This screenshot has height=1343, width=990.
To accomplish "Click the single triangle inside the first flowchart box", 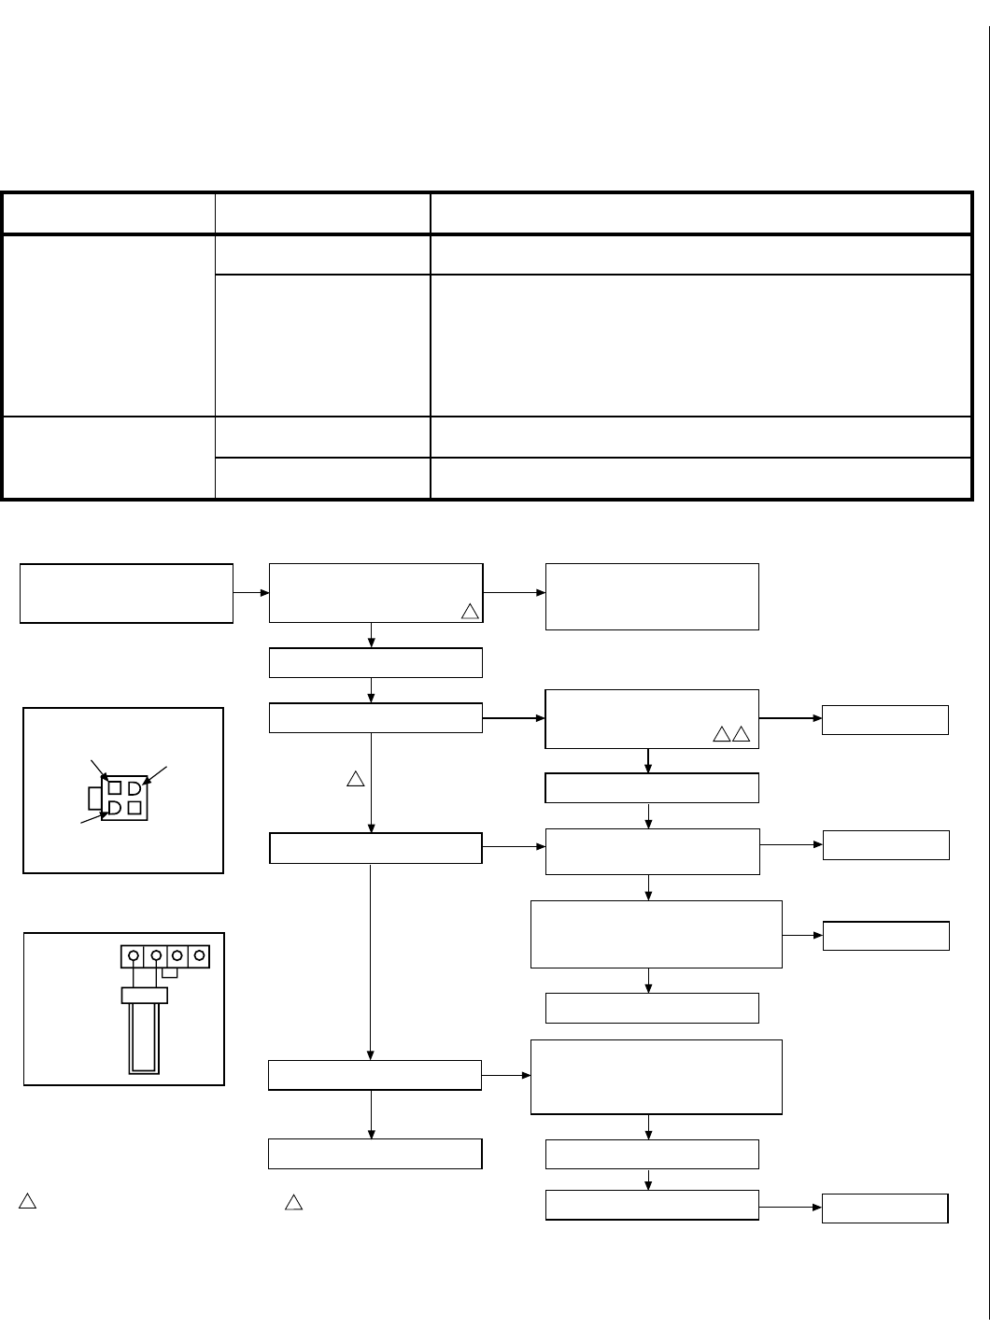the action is coord(470,612).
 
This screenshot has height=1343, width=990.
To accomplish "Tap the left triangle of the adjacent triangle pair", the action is coord(722,735).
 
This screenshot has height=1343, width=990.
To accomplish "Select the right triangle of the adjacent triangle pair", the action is coord(742,735).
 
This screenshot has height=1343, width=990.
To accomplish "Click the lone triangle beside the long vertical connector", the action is coord(355,779).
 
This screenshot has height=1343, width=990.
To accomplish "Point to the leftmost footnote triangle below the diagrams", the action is coord(27,1202).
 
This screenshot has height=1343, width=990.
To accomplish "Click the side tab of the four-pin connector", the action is coord(94,798).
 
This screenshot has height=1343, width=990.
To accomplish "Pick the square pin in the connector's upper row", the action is coord(115,788).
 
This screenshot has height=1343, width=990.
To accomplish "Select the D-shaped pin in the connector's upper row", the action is coord(134,788).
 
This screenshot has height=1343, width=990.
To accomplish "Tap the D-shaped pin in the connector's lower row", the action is coord(115,807).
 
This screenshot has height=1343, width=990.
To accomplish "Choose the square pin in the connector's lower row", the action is coord(134,807).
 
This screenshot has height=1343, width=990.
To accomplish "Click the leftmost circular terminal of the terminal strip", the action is coord(134,956).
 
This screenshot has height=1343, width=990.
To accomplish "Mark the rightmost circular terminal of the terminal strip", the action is coord(198,956).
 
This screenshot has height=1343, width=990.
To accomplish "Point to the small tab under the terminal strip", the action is coord(170,972).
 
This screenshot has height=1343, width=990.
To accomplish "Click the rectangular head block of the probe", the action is coord(144,996).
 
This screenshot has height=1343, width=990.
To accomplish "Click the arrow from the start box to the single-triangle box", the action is coord(250,592).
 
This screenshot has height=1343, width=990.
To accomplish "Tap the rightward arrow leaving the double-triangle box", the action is coord(790,719).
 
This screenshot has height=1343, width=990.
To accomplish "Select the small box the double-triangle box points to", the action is coord(884,720).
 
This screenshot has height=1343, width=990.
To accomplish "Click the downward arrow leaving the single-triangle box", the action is coord(372,635).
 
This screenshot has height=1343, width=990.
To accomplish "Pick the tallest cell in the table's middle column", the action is coord(322,345).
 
